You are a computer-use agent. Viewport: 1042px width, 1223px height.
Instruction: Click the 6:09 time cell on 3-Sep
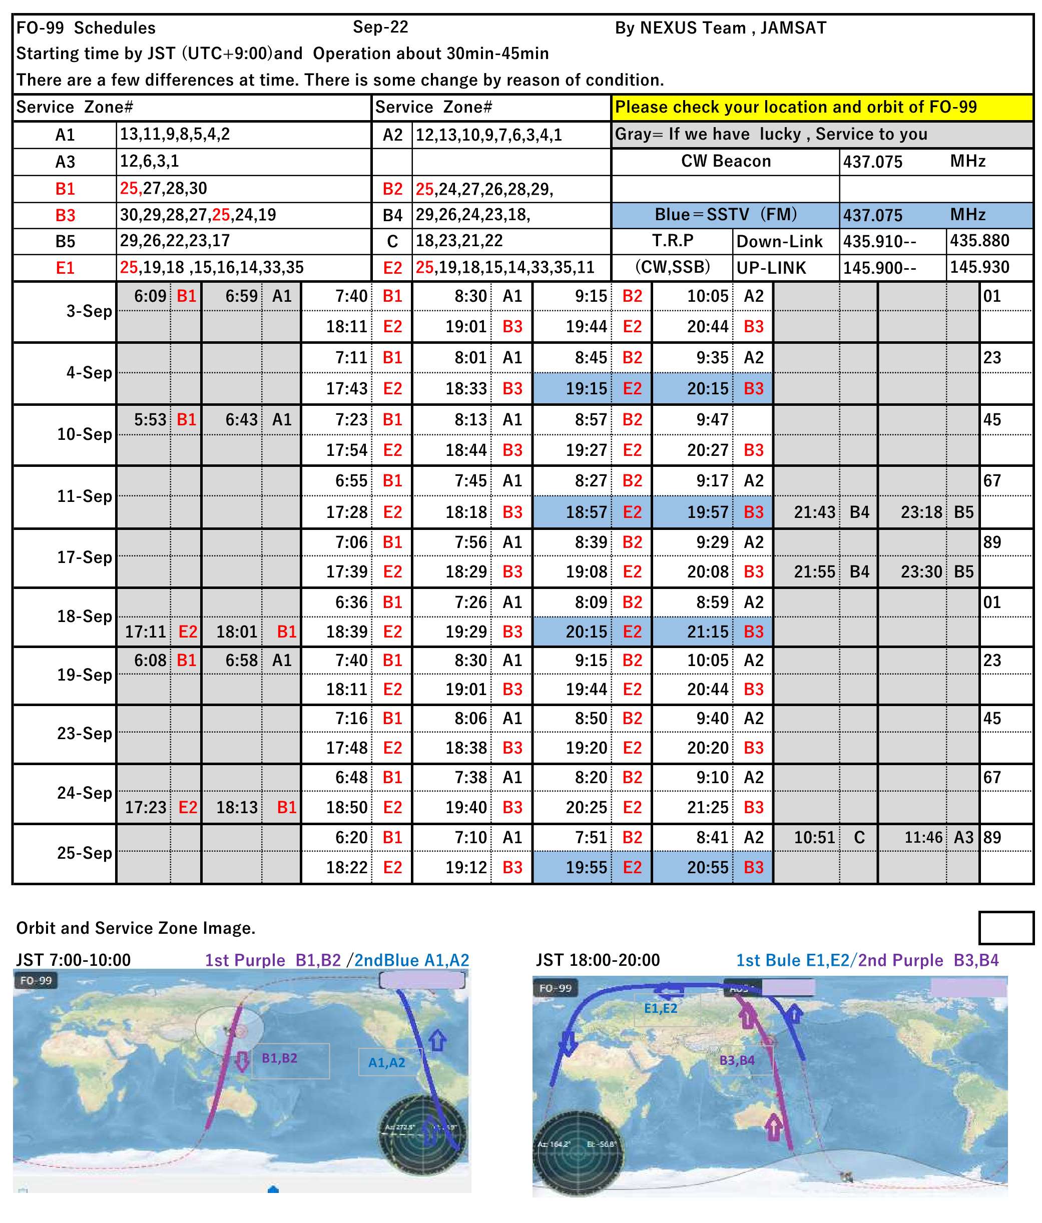150,296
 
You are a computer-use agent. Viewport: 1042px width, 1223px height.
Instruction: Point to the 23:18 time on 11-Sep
921,512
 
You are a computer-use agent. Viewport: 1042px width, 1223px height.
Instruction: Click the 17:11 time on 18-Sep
145,632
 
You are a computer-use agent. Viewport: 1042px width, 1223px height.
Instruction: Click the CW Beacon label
726,161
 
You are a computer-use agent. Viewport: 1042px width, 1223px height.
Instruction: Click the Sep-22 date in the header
380,27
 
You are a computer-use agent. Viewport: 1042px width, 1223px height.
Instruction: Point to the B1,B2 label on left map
279,1058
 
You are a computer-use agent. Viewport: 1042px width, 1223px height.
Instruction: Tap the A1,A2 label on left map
387,1062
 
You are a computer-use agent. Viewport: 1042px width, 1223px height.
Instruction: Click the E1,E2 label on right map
660,1008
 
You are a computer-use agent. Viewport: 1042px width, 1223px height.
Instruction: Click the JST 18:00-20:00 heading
597,960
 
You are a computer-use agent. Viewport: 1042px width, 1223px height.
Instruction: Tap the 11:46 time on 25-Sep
923,838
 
